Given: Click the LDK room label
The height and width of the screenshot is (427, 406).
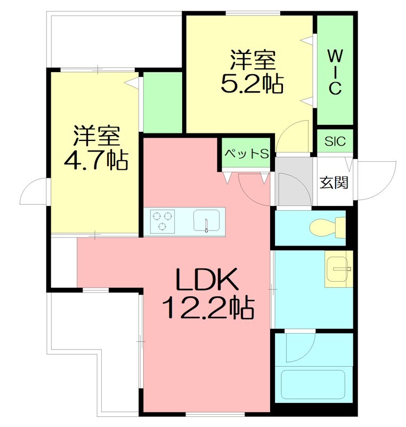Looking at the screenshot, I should point(206,280).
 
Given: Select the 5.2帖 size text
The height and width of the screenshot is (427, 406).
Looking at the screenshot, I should point(251,84).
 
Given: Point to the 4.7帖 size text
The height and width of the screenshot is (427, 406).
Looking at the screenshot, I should point(96,160).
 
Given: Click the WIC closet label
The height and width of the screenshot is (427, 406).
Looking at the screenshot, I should point(334,72).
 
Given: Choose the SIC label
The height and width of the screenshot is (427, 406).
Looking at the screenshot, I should point(335,141).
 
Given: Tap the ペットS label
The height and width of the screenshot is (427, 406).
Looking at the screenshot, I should point(246,154).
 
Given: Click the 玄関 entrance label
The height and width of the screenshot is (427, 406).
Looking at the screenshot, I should point(334,183).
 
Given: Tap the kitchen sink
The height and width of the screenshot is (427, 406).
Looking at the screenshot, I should point(207,221).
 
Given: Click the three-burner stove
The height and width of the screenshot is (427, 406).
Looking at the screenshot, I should point(163,221).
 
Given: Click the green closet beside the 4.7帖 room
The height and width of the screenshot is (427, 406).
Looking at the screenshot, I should point(163,101).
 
